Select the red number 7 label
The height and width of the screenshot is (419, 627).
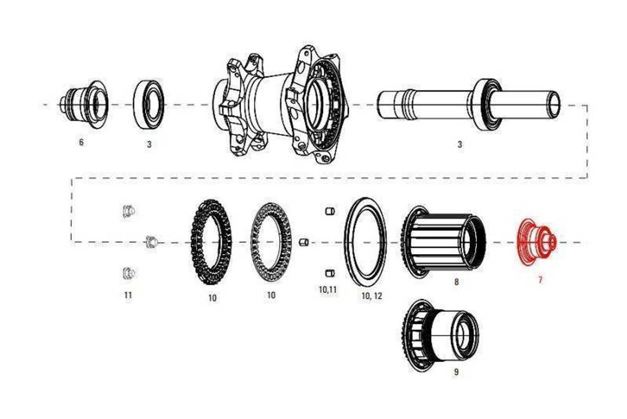(540, 280)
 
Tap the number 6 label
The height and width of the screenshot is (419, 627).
(81, 142)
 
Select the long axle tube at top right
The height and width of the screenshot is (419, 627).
(469, 103)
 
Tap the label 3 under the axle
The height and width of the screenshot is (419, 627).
(460, 145)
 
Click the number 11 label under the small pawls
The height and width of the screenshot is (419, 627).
(127, 295)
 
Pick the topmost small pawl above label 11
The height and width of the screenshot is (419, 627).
(129, 211)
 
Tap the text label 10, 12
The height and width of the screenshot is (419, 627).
(371, 296)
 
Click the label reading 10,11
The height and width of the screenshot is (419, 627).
(328, 288)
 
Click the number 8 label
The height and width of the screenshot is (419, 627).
(456, 282)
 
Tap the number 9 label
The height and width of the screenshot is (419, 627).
(456, 372)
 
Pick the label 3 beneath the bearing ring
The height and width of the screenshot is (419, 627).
(149, 144)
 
